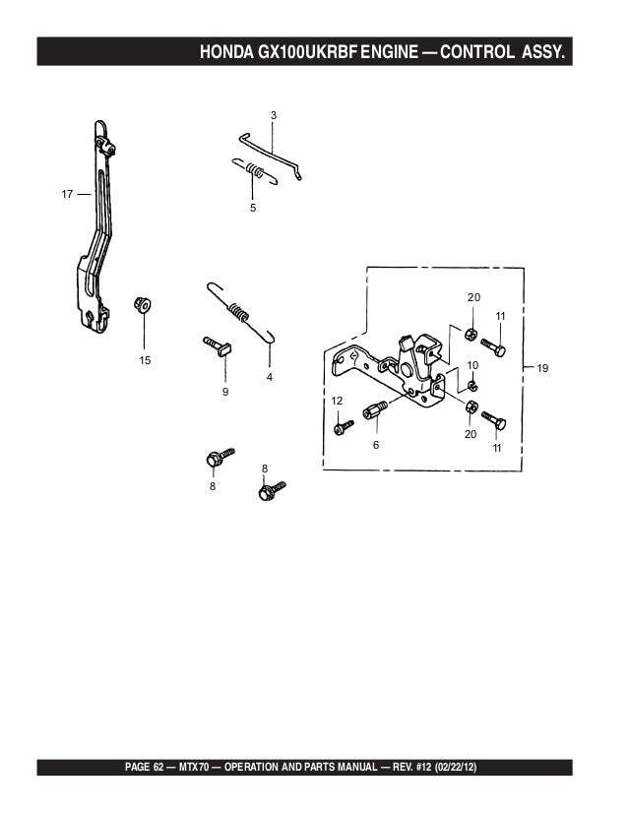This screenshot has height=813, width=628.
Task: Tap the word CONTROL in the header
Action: (474, 51)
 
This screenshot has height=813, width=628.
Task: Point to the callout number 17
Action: (68, 194)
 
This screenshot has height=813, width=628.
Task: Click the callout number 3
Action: (273, 116)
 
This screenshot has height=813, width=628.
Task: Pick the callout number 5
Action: (253, 209)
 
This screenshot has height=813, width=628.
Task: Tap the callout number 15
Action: (145, 360)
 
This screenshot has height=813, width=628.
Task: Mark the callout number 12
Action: (336, 401)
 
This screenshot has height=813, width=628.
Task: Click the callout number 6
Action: (375, 445)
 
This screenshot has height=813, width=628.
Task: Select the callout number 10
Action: (472, 365)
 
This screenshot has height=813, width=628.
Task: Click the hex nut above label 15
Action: (142, 303)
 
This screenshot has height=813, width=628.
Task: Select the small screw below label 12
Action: (343, 426)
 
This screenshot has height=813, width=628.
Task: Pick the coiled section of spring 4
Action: (239, 313)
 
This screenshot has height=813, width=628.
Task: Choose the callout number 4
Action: (269, 377)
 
